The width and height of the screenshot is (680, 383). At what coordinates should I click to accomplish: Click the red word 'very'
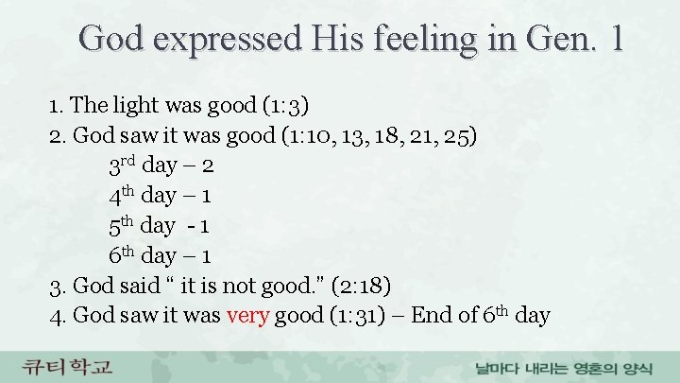tap(248, 315)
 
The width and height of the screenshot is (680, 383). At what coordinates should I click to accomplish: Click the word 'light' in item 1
tap(127, 103)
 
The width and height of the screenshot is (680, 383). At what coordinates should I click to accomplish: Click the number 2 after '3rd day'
tap(209, 165)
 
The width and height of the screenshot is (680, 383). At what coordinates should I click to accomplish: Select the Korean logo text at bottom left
tap(68, 365)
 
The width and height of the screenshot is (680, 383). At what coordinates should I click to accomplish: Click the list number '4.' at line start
tap(57, 315)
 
